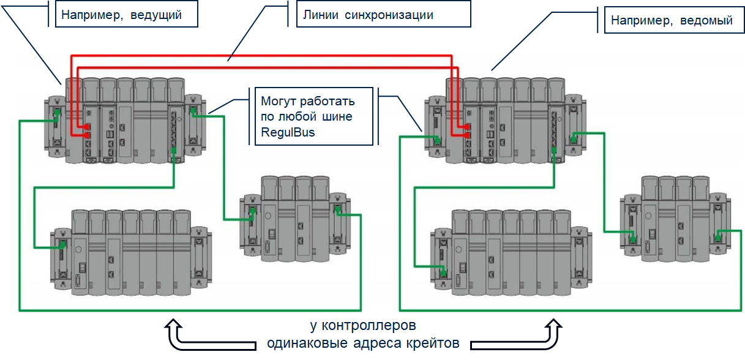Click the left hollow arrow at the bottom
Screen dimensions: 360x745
click(x=174, y=334)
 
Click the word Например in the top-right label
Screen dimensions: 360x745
click(x=641, y=21)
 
